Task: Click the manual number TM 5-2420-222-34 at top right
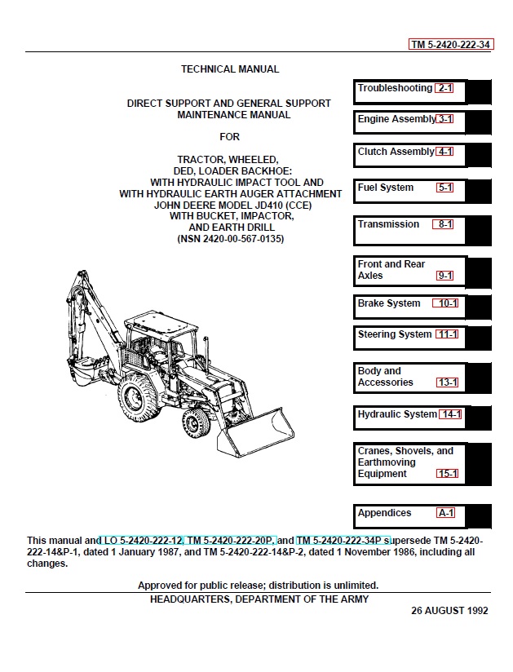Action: tap(451, 45)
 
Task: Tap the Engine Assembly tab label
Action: tap(396, 119)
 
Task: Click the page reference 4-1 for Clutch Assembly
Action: tap(445, 152)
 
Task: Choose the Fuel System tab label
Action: tap(385, 188)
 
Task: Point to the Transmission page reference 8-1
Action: tap(445, 224)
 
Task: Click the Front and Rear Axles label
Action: tap(391, 270)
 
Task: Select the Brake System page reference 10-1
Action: tap(448, 303)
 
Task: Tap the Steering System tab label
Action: tap(394, 334)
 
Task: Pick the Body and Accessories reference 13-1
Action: tap(448, 382)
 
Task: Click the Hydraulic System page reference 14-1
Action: tap(451, 414)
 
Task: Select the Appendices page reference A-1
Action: tap(446, 513)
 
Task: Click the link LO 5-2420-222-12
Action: tap(142, 541)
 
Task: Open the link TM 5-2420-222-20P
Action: tap(232, 541)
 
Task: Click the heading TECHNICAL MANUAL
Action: tap(230, 69)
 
